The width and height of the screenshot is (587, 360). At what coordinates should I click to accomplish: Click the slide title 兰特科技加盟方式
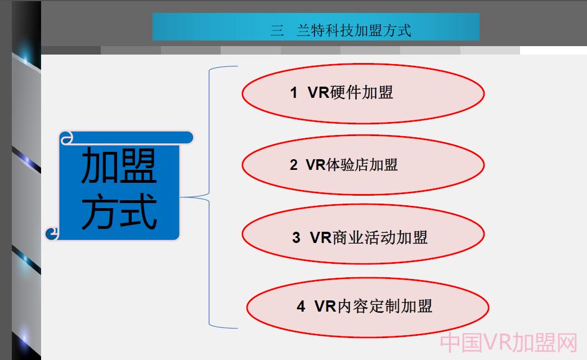tap(353, 30)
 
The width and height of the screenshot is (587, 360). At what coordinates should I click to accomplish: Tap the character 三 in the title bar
tap(276, 30)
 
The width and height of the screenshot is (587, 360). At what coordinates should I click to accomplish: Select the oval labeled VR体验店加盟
tap(362, 165)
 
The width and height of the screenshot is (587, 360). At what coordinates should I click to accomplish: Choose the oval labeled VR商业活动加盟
tap(362, 237)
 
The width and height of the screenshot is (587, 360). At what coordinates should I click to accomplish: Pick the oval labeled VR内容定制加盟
tap(367, 307)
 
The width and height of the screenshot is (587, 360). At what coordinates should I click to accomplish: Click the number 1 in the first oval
tap(293, 93)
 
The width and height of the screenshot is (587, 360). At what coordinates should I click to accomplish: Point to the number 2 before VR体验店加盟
tap(293, 165)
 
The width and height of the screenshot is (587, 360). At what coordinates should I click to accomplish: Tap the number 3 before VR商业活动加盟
tap(296, 238)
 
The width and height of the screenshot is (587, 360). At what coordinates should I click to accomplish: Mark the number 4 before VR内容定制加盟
tap(301, 307)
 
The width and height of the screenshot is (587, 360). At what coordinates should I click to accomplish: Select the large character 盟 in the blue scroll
tap(138, 165)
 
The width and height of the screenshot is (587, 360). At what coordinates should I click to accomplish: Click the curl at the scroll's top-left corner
tap(66, 138)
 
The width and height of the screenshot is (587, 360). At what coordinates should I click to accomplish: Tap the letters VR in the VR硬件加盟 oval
tap(318, 93)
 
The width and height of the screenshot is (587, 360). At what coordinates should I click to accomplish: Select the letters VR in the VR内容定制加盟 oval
tap(325, 307)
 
